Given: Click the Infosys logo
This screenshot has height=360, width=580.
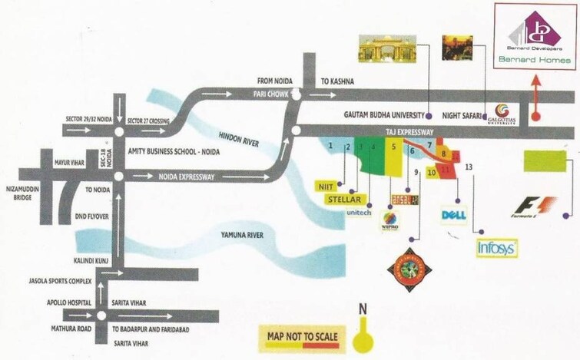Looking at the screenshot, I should pyautogui.click(x=496, y=248).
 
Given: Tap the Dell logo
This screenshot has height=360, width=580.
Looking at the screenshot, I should pyautogui.click(x=453, y=216).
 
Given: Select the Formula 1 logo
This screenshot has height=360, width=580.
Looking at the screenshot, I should pyautogui.click(x=535, y=207).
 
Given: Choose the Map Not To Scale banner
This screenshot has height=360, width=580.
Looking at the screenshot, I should pyautogui.click(x=302, y=336).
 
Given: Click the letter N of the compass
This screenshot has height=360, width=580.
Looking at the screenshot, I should pyautogui.click(x=363, y=310).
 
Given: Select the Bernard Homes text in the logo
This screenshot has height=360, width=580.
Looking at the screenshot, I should pyautogui.click(x=545, y=60).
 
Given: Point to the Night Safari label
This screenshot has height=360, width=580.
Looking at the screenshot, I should pyautogui.click(x=462, y=115).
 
